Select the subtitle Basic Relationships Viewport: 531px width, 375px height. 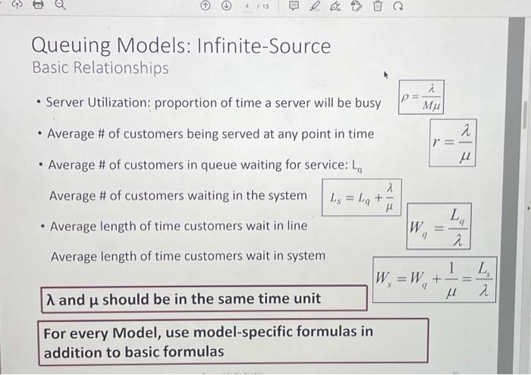(101, 68)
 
